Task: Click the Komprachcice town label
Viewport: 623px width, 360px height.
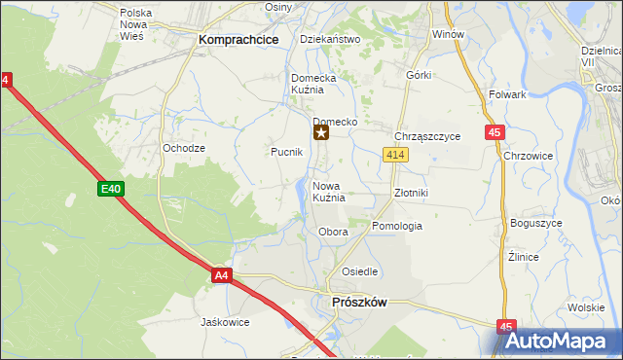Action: click(x=238, y=40)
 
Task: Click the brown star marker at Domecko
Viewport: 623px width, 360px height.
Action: click(x=320, y=133)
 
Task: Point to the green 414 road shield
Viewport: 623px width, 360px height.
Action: click(x=394, y=155)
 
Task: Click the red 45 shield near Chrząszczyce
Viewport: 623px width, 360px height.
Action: click(x=494, y=132)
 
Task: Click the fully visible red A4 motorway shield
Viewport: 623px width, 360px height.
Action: click(x=222, y=276)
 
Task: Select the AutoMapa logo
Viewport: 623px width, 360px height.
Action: click(x=558, y=342)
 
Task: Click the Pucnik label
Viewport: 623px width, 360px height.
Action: click(x=286, y=153)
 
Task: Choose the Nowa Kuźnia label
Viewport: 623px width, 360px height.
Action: click(x=329, y=192)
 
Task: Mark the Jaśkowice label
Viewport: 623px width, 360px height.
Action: click(x=225, y=322)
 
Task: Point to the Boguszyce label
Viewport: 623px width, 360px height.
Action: click(x=535, y=223)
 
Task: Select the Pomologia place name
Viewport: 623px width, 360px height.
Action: click(x=397, y=226)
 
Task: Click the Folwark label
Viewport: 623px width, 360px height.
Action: click(x=507, y=95)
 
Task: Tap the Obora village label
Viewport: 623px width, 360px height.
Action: click(x=333, y=233)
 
